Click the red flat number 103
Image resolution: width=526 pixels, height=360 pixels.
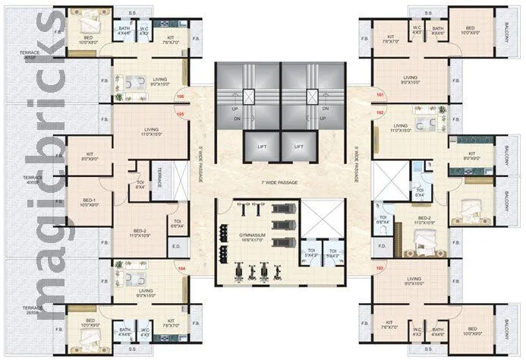[x=380, y=267]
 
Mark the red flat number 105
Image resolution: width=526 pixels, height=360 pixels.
[x=181, y=115]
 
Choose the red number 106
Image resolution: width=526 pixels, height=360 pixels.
[x=181, y=96]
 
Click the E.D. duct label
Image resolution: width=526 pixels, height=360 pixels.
[x=175, y=246]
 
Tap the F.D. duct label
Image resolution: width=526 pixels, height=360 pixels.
[x=383, y=246]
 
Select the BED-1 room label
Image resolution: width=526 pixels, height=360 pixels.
[x=90, y=203]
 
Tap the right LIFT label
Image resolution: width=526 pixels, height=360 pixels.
[x=298, y=146]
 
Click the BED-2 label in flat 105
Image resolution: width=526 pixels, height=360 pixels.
[x=141, y=234]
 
